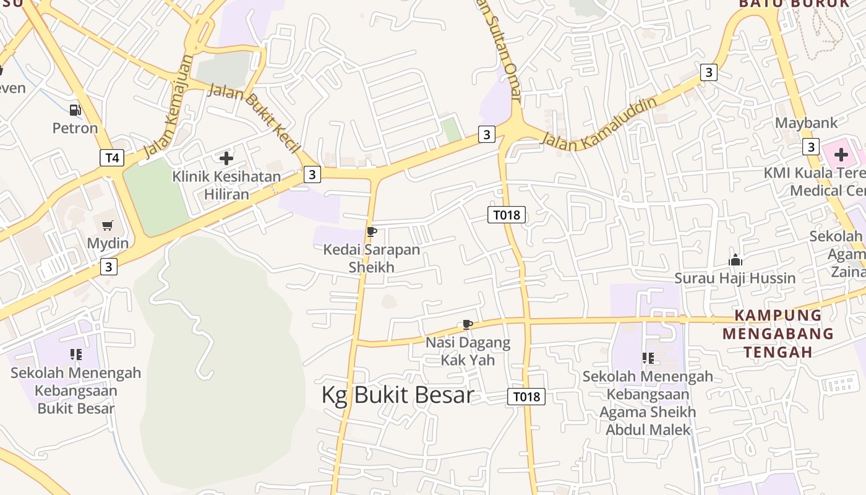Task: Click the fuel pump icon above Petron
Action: pos(75,110)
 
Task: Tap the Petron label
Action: pos(75,128)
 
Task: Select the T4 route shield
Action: pos(112,157)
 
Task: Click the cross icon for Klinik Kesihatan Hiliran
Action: pos(226,158)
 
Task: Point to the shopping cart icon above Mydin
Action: pos(108,226)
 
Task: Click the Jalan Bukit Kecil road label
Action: pos(255,117)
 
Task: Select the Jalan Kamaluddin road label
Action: pos(599,123)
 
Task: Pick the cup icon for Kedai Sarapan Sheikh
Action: pos(371,232)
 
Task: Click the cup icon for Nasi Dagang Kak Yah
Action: pos(468,325)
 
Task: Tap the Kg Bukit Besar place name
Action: pos(398,395)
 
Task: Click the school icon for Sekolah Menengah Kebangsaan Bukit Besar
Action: pos(76,355)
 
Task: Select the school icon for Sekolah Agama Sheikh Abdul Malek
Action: pos(648,358)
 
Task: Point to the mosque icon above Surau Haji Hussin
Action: pos(735,260)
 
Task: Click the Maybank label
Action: pos(806,123)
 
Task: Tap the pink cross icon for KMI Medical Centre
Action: pos(841,154)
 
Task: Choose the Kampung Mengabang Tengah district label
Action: pos(778,334)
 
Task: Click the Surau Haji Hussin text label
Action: pos(735,278)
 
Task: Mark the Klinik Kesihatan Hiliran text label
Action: pos(226,185)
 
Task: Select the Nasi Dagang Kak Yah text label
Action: pos(468,351)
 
